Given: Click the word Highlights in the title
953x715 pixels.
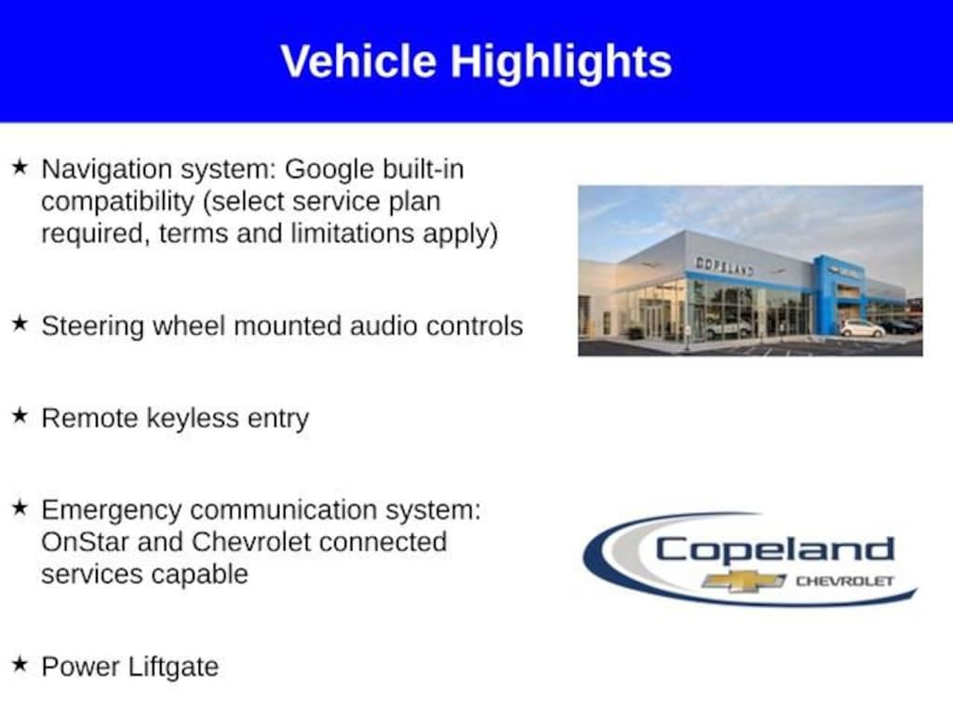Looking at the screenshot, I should (561, 61).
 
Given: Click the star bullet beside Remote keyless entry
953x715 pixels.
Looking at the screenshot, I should (20, 416).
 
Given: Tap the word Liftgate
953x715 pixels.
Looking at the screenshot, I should (176, 667).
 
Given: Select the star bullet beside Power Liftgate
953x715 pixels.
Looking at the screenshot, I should (20, 664).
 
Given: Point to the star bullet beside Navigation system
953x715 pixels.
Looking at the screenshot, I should (20, 167).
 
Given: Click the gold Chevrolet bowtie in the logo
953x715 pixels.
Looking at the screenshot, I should (744, 581).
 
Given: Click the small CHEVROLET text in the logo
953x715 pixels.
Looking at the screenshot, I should (844, 581).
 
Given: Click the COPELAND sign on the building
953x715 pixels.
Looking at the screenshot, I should (724, 266).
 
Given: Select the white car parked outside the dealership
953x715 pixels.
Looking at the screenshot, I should (862, 329).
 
